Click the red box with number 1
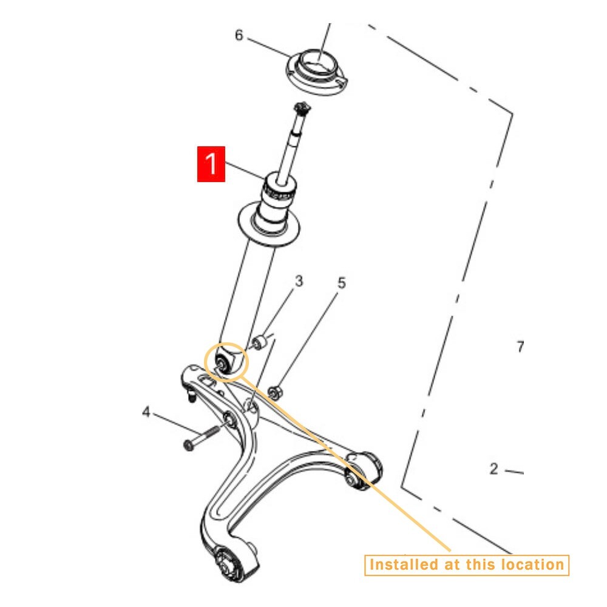(211, 164)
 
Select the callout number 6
(239, 35)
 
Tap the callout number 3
(299, 282)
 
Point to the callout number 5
(342, 283)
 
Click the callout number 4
(146, 413)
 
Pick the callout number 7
(520, 347)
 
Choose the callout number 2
(494, 469)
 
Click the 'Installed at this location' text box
(466, 565)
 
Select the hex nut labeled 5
(274, 393)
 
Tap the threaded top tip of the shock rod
(300, 110)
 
